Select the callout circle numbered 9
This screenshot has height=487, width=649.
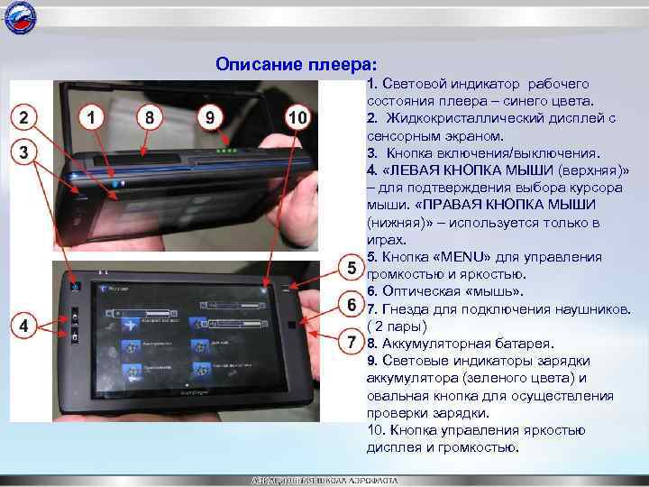[x=209, y=118]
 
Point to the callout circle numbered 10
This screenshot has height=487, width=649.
[x=298, y=118]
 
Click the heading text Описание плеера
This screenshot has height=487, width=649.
[x=297, y=65]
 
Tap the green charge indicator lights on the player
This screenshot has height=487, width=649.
[x=231, y=151]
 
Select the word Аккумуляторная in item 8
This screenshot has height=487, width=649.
[x=429, y=344]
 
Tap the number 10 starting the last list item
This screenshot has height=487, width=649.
[x=376, y=429]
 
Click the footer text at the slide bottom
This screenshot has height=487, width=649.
[x=324, y=480]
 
